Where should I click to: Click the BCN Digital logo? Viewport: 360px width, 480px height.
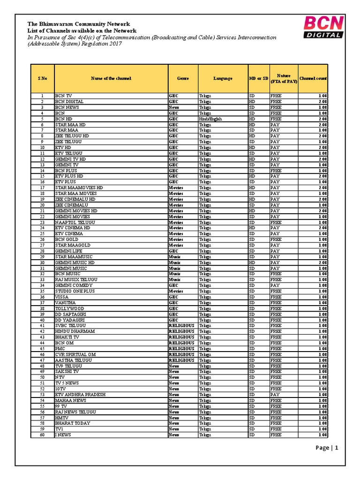tap(323, 26)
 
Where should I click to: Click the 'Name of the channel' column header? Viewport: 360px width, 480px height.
tap(111, 78)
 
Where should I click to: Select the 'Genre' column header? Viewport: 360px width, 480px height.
tap(183, 78)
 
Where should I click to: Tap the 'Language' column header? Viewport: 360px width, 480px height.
tap(223, 78)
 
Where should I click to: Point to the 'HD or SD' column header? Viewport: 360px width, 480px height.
tap(258, 78)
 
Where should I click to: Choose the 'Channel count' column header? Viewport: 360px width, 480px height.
tap(313, 78)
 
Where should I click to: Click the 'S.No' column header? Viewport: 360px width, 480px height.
tap(42, 78)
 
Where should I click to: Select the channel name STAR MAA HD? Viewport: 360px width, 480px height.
tap(70, 125)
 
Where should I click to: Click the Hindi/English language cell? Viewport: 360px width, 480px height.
tap(210, 119)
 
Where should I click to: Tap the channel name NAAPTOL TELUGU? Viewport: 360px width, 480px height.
tap(75, 222)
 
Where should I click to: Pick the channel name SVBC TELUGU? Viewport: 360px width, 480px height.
tap(71, 326)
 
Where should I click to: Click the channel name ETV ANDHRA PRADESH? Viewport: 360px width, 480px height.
tap(80, 395)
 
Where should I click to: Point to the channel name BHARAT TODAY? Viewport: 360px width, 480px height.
tap(73, 423)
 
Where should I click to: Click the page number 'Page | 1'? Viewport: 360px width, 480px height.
tap(327, 448)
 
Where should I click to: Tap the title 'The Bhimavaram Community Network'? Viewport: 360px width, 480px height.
tap(78, 24)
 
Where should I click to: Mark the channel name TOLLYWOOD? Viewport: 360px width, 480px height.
tap(70, 308)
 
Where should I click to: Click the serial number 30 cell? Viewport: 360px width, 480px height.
tap(42, 262)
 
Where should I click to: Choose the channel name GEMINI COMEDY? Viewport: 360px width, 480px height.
tap(74, 285)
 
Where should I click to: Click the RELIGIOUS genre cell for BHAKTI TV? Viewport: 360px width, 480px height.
tap(181, 337)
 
